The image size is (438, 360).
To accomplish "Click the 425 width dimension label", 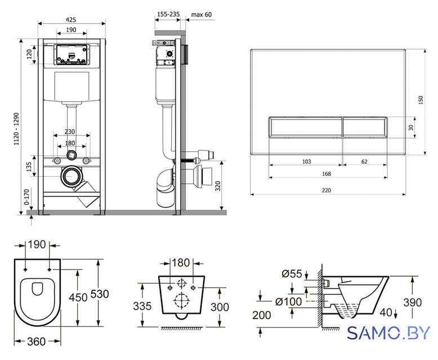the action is (71, 20).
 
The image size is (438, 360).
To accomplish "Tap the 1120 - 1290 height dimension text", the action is (16, 129).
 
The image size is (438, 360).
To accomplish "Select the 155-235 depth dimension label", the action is (168, 14).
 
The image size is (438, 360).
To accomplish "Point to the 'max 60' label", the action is (202, 14).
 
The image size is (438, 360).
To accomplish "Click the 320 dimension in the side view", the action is (218, 186).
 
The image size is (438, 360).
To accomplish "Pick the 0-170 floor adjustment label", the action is (26, 197).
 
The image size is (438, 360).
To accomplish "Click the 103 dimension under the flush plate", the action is (306, 161).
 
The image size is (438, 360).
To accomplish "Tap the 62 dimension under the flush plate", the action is (364, 161).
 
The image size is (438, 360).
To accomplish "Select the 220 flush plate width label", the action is (327, 190).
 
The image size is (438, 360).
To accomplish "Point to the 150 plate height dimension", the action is (421, 100).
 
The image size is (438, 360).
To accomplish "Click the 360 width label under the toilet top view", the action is (37, 341).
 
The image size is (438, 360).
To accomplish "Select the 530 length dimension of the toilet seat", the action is (100, 294).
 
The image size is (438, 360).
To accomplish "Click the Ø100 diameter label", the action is (288, 301).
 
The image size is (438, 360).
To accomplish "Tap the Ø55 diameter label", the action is (292, 274).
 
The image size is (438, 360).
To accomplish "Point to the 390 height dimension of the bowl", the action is (413, 302).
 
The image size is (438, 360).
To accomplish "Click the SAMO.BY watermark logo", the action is (388, 333).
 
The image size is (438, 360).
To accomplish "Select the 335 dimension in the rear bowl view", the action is (142, 306).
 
